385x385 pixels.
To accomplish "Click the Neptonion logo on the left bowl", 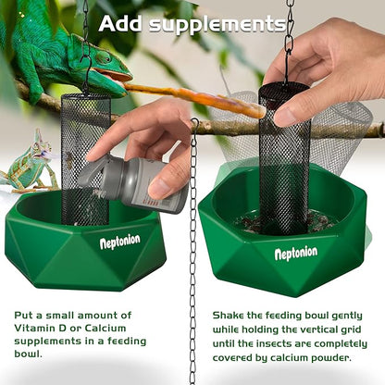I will coord(119,242).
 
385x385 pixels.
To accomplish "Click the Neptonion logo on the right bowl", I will coord(295,252).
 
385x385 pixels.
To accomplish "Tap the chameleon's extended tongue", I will coord(194,97).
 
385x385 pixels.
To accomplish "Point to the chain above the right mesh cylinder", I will coord(289,37).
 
